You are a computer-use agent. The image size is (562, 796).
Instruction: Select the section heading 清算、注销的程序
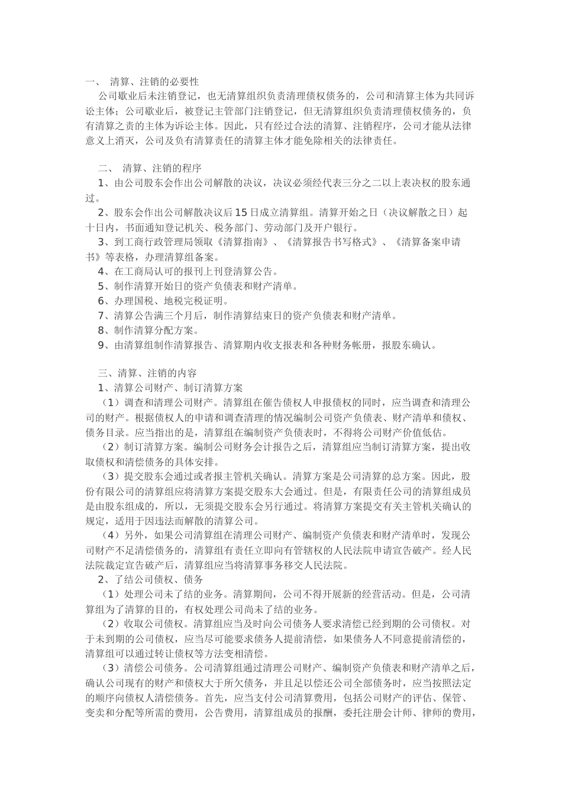click(162, 168)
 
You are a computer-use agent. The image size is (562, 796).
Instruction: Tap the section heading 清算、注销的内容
click(157, 373)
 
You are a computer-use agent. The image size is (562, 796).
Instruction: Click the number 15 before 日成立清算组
click(241, 213)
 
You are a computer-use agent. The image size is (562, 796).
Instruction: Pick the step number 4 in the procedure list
click(101, 271)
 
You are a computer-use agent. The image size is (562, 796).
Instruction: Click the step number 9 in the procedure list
click(101, 345)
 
